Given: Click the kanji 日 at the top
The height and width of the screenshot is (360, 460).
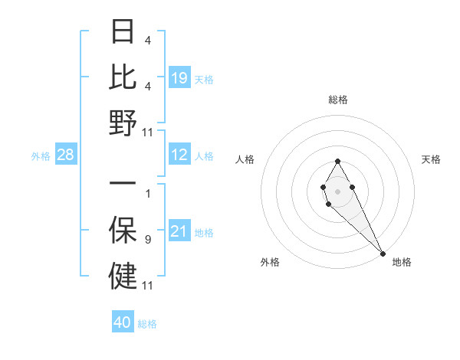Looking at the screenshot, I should (x=123, y=32).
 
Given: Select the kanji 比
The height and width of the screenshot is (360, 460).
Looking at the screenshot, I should (x=123, y=77).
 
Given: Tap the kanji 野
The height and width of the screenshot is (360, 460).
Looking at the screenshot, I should (x=123, y=122).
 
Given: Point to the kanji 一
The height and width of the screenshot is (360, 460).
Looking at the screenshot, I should (x=123, y=185).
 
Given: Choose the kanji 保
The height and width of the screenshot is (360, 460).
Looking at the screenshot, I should (x=123, y=230).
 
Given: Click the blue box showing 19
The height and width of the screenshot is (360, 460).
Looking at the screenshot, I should (x=179, y=78).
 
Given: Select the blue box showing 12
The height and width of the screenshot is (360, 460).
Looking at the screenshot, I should (x=179, y=155).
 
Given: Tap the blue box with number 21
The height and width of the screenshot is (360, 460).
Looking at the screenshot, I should (x=179, y=231).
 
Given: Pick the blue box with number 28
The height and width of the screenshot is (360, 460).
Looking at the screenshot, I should (x=66, y=155).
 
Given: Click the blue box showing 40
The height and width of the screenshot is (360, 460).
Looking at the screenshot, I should (x=123, y=322).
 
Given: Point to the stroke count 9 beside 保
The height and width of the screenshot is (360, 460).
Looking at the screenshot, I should (x=147, y=241).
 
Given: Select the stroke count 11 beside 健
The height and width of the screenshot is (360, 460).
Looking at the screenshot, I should (x=147, y=286).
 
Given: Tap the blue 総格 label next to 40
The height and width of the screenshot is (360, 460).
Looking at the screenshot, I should (x=147, y=324).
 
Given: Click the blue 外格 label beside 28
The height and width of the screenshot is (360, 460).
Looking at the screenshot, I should (x=41, y=156).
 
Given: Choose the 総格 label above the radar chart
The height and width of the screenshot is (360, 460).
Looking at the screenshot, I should (x=337, y=100).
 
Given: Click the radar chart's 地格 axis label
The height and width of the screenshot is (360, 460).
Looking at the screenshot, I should (x=402, y=263).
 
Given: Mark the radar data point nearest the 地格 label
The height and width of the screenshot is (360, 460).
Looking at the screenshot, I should (x=383, y=253).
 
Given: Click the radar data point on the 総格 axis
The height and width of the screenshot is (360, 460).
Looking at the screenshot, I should (x=337, y=161).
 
